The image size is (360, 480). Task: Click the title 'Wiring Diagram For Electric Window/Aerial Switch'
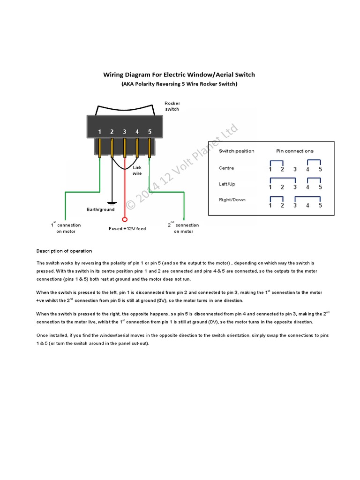tap(179, 75)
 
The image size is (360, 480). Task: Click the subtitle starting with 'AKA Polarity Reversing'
tap(179, 84)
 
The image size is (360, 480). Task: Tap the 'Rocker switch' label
tap(172, 106)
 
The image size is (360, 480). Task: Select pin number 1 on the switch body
tap(99, 132)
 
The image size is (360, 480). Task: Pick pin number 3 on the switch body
tap(125, 132)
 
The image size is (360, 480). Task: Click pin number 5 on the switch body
tap(150, 132)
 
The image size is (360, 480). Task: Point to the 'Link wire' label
tap(137, 170)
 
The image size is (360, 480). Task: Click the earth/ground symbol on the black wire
tap(112, 203)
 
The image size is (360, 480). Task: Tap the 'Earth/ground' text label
tap(100, 210)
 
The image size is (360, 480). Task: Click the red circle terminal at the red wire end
tap(125, 219)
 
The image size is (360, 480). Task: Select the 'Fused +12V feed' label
tap(127, 229)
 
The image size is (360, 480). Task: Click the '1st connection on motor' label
tap(66, 228)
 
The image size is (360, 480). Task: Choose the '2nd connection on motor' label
tap(183, 228)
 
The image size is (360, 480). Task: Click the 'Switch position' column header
tap(237, 151)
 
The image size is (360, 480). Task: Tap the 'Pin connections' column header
tap(295, 151)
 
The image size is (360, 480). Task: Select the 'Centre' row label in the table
tap(226, 168)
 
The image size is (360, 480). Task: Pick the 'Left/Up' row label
tap(227, 184)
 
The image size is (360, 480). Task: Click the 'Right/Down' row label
tap(232, 200)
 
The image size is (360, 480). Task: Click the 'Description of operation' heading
tap(64, 251)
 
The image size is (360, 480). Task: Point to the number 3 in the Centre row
tap(295, 170)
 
